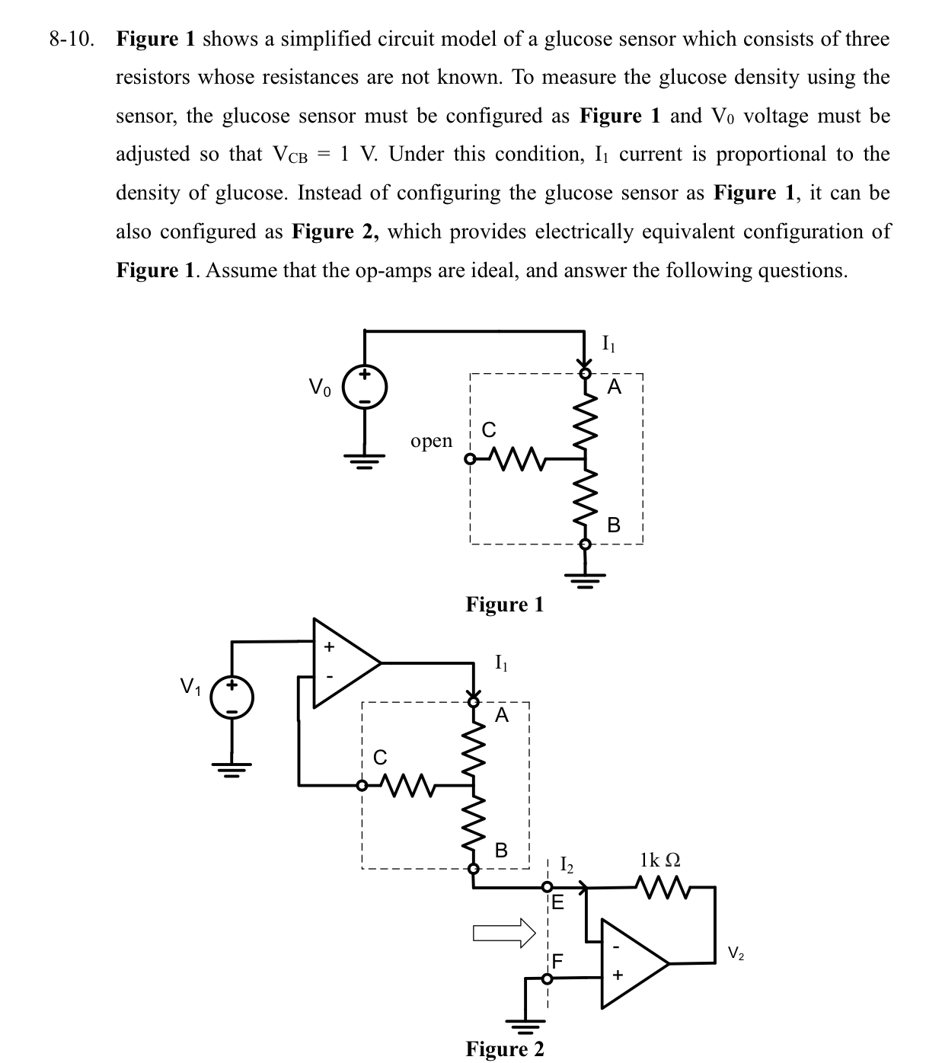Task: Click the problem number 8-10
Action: pos(72,40)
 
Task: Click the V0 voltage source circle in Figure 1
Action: pos(366,387)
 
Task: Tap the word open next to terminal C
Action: pos(431,441)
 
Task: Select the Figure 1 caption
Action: pos(505,605)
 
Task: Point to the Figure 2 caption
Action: pos(505,1049)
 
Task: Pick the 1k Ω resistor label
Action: pos(660,860)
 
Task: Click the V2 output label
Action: pos(736,953)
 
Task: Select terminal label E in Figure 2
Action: pos(557,904)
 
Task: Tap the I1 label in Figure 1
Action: pos(608,343)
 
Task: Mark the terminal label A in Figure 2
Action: pos(501,715)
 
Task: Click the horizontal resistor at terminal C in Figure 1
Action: pos(516,459)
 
